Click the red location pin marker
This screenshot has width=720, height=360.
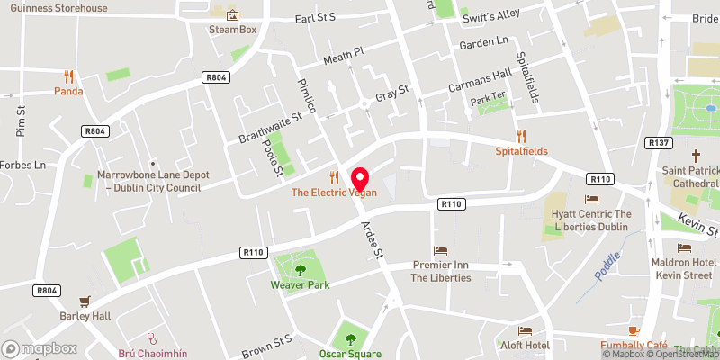point(359,177)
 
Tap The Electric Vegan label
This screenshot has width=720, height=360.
point(332,193)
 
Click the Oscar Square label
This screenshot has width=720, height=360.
point(351,354)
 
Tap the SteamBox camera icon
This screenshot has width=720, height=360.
point(233,14)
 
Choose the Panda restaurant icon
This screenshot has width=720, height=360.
point(68,76)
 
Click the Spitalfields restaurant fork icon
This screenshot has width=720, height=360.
point(521,137)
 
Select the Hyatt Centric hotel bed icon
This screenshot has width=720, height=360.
point(591,199)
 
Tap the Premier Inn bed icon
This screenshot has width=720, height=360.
point(441,250)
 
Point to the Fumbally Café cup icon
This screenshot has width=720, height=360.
point(634,331)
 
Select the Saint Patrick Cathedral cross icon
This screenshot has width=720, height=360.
point(696,155)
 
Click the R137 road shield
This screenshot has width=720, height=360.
point(658,142)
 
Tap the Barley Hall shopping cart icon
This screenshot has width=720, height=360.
point(85,301)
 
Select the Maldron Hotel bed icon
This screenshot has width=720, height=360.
point(685,247)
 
